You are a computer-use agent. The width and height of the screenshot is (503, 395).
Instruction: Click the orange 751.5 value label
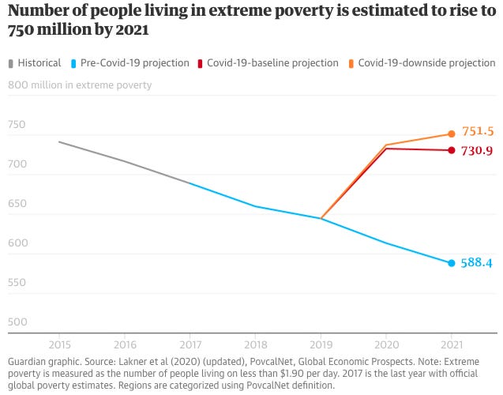478,131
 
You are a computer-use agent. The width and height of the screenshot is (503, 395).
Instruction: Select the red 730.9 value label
478,150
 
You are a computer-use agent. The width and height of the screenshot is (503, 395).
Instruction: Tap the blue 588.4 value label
477,263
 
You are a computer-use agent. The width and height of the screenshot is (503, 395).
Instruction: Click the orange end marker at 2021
452,134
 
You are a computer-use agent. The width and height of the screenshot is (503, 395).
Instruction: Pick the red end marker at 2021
452,150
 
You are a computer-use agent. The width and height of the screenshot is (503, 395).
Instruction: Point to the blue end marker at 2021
452,263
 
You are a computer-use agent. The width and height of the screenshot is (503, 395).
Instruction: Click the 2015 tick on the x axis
59,344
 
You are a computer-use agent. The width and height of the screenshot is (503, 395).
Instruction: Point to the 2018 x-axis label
255,344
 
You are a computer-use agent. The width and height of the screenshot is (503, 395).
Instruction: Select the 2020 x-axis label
386,344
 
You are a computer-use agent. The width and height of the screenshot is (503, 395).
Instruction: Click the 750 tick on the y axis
17,125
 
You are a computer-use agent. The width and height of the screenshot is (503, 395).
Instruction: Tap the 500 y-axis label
17,322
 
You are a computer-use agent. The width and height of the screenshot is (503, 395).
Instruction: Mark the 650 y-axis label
17,204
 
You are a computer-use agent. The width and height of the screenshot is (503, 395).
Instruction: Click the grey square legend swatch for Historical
10,63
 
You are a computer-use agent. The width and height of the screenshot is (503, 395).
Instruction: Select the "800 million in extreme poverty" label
80,85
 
